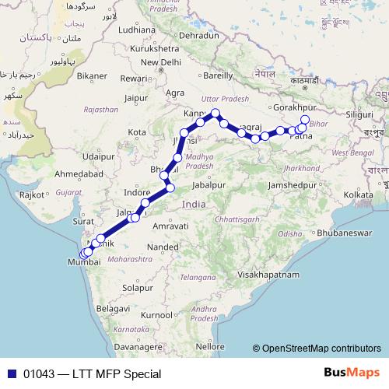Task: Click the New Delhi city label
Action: [162, 62]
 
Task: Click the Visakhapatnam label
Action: [268, 275]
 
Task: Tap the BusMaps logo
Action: [351, 373]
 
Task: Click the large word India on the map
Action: [194, 203]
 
